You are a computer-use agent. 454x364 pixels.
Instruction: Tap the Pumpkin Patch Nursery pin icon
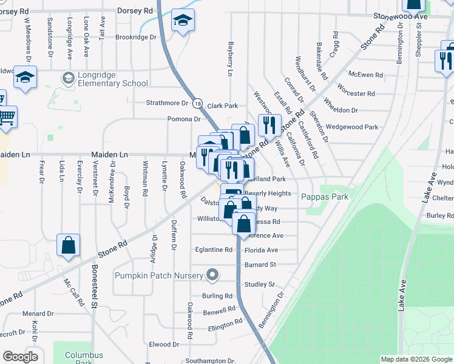click(212, 275)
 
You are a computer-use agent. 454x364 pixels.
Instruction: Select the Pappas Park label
click(324, 196)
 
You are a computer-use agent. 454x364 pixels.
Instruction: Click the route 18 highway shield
click(198, 104)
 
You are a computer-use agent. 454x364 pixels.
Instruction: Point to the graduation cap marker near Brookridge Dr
click(183, 22)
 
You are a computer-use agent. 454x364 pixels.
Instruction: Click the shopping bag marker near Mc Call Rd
click(69, 246)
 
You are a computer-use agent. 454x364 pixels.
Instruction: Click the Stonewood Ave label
click(400, 16)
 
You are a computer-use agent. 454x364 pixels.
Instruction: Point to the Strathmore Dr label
click(167, 103)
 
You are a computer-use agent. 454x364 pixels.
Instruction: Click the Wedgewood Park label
click(351, 127)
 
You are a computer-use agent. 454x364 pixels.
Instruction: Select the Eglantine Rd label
click(213, 249)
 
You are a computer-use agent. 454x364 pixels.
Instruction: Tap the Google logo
click(20, 357)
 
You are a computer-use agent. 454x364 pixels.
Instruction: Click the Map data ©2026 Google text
click(416, 359)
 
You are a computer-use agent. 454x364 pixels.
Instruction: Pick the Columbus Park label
click(84, 358)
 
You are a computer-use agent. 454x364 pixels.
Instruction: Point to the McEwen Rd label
click(365, 75)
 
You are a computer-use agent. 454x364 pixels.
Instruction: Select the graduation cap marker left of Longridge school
click(25, 78)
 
